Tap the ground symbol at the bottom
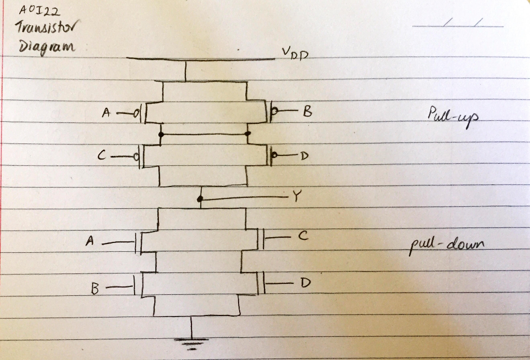[191, 342]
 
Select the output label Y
[296, 196]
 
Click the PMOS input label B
[307, 110]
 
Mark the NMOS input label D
[306, 283]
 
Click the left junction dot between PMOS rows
[161, 134]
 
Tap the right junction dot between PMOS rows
[247, 134]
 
